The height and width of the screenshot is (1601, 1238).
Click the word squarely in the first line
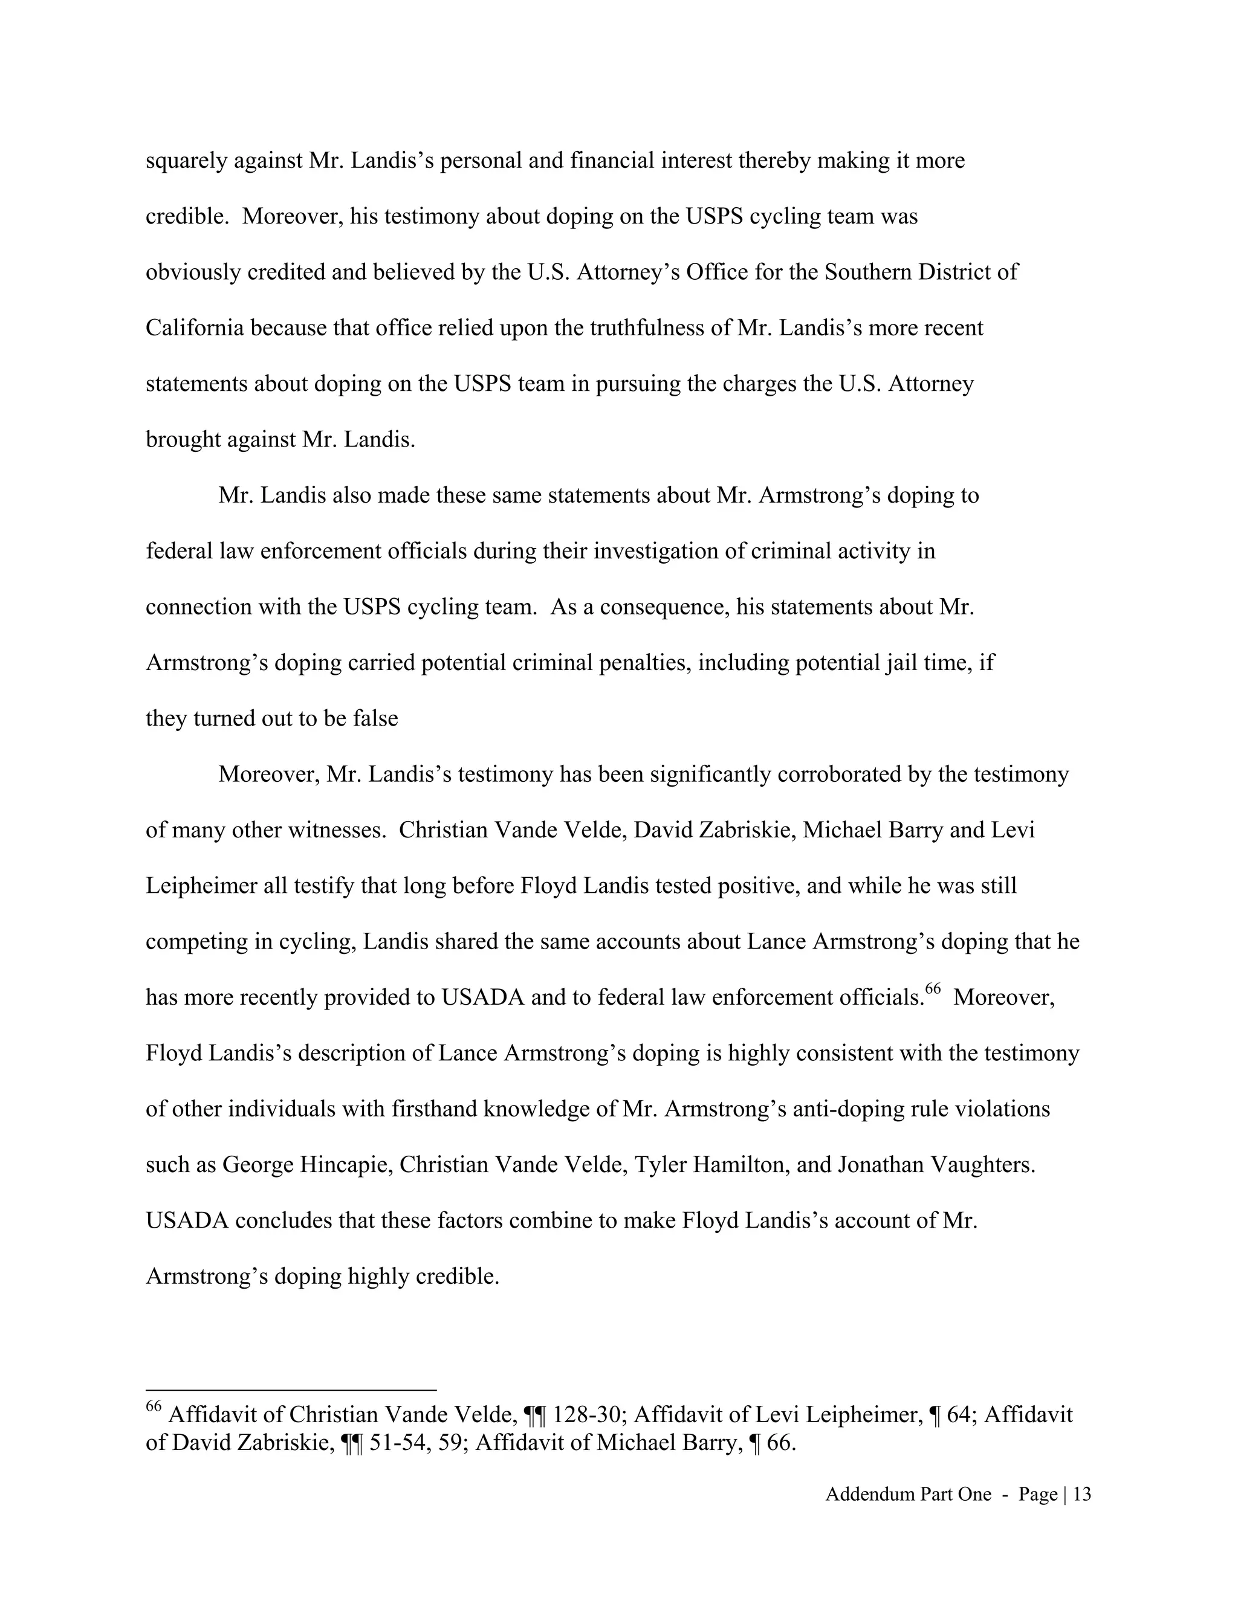[186, 161]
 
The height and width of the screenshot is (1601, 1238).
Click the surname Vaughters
[981, 1165]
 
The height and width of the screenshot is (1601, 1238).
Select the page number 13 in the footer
[1082, 1495]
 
